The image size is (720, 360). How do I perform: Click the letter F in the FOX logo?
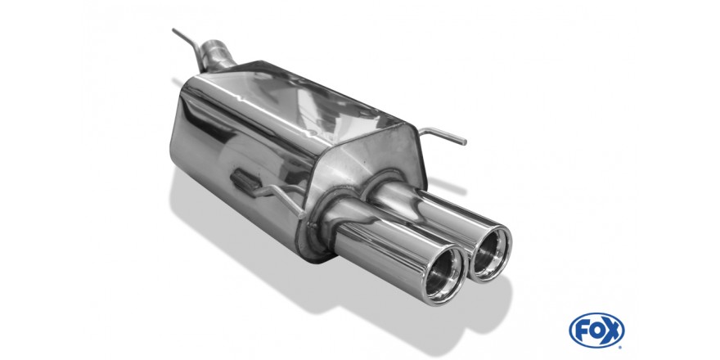click(x=581, y=330)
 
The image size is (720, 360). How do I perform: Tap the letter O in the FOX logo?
click(x=596, y=330)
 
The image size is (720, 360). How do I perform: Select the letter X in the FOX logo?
click(x=612, y=330)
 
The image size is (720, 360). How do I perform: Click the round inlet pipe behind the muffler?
click(x=217, y=54)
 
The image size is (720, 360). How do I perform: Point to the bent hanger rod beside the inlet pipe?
click(x=189, y=47)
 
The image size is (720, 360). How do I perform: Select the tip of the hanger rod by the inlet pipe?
click(x=173, y=29)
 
